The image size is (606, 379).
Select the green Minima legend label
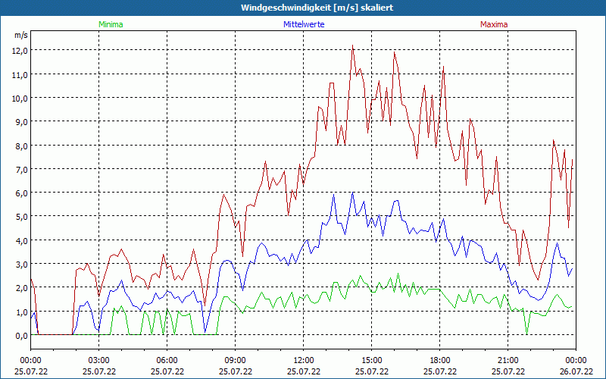[111, 24]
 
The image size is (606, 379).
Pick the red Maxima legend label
[494, 24]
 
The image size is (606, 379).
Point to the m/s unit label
[20, 35]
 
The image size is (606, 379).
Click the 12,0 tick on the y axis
[20, 50]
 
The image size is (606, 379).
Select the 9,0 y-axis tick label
[20, 121]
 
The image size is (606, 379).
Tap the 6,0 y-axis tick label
[20, 193]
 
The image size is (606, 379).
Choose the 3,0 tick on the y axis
[20, 264]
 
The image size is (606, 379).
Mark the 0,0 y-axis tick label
[20, 335]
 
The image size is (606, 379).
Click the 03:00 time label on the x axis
[99, 360]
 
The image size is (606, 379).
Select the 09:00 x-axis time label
[236, 360]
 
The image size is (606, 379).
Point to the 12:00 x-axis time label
[304, 360]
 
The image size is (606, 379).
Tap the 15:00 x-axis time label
[372, 360]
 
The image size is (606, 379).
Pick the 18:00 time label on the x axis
[440, 360]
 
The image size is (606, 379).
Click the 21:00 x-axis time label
[508, 360]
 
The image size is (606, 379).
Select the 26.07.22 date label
[576, 371]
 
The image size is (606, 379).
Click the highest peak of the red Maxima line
[353, 45]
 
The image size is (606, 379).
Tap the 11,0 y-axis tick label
[20, 74]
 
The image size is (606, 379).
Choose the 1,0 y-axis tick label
[20, 312]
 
